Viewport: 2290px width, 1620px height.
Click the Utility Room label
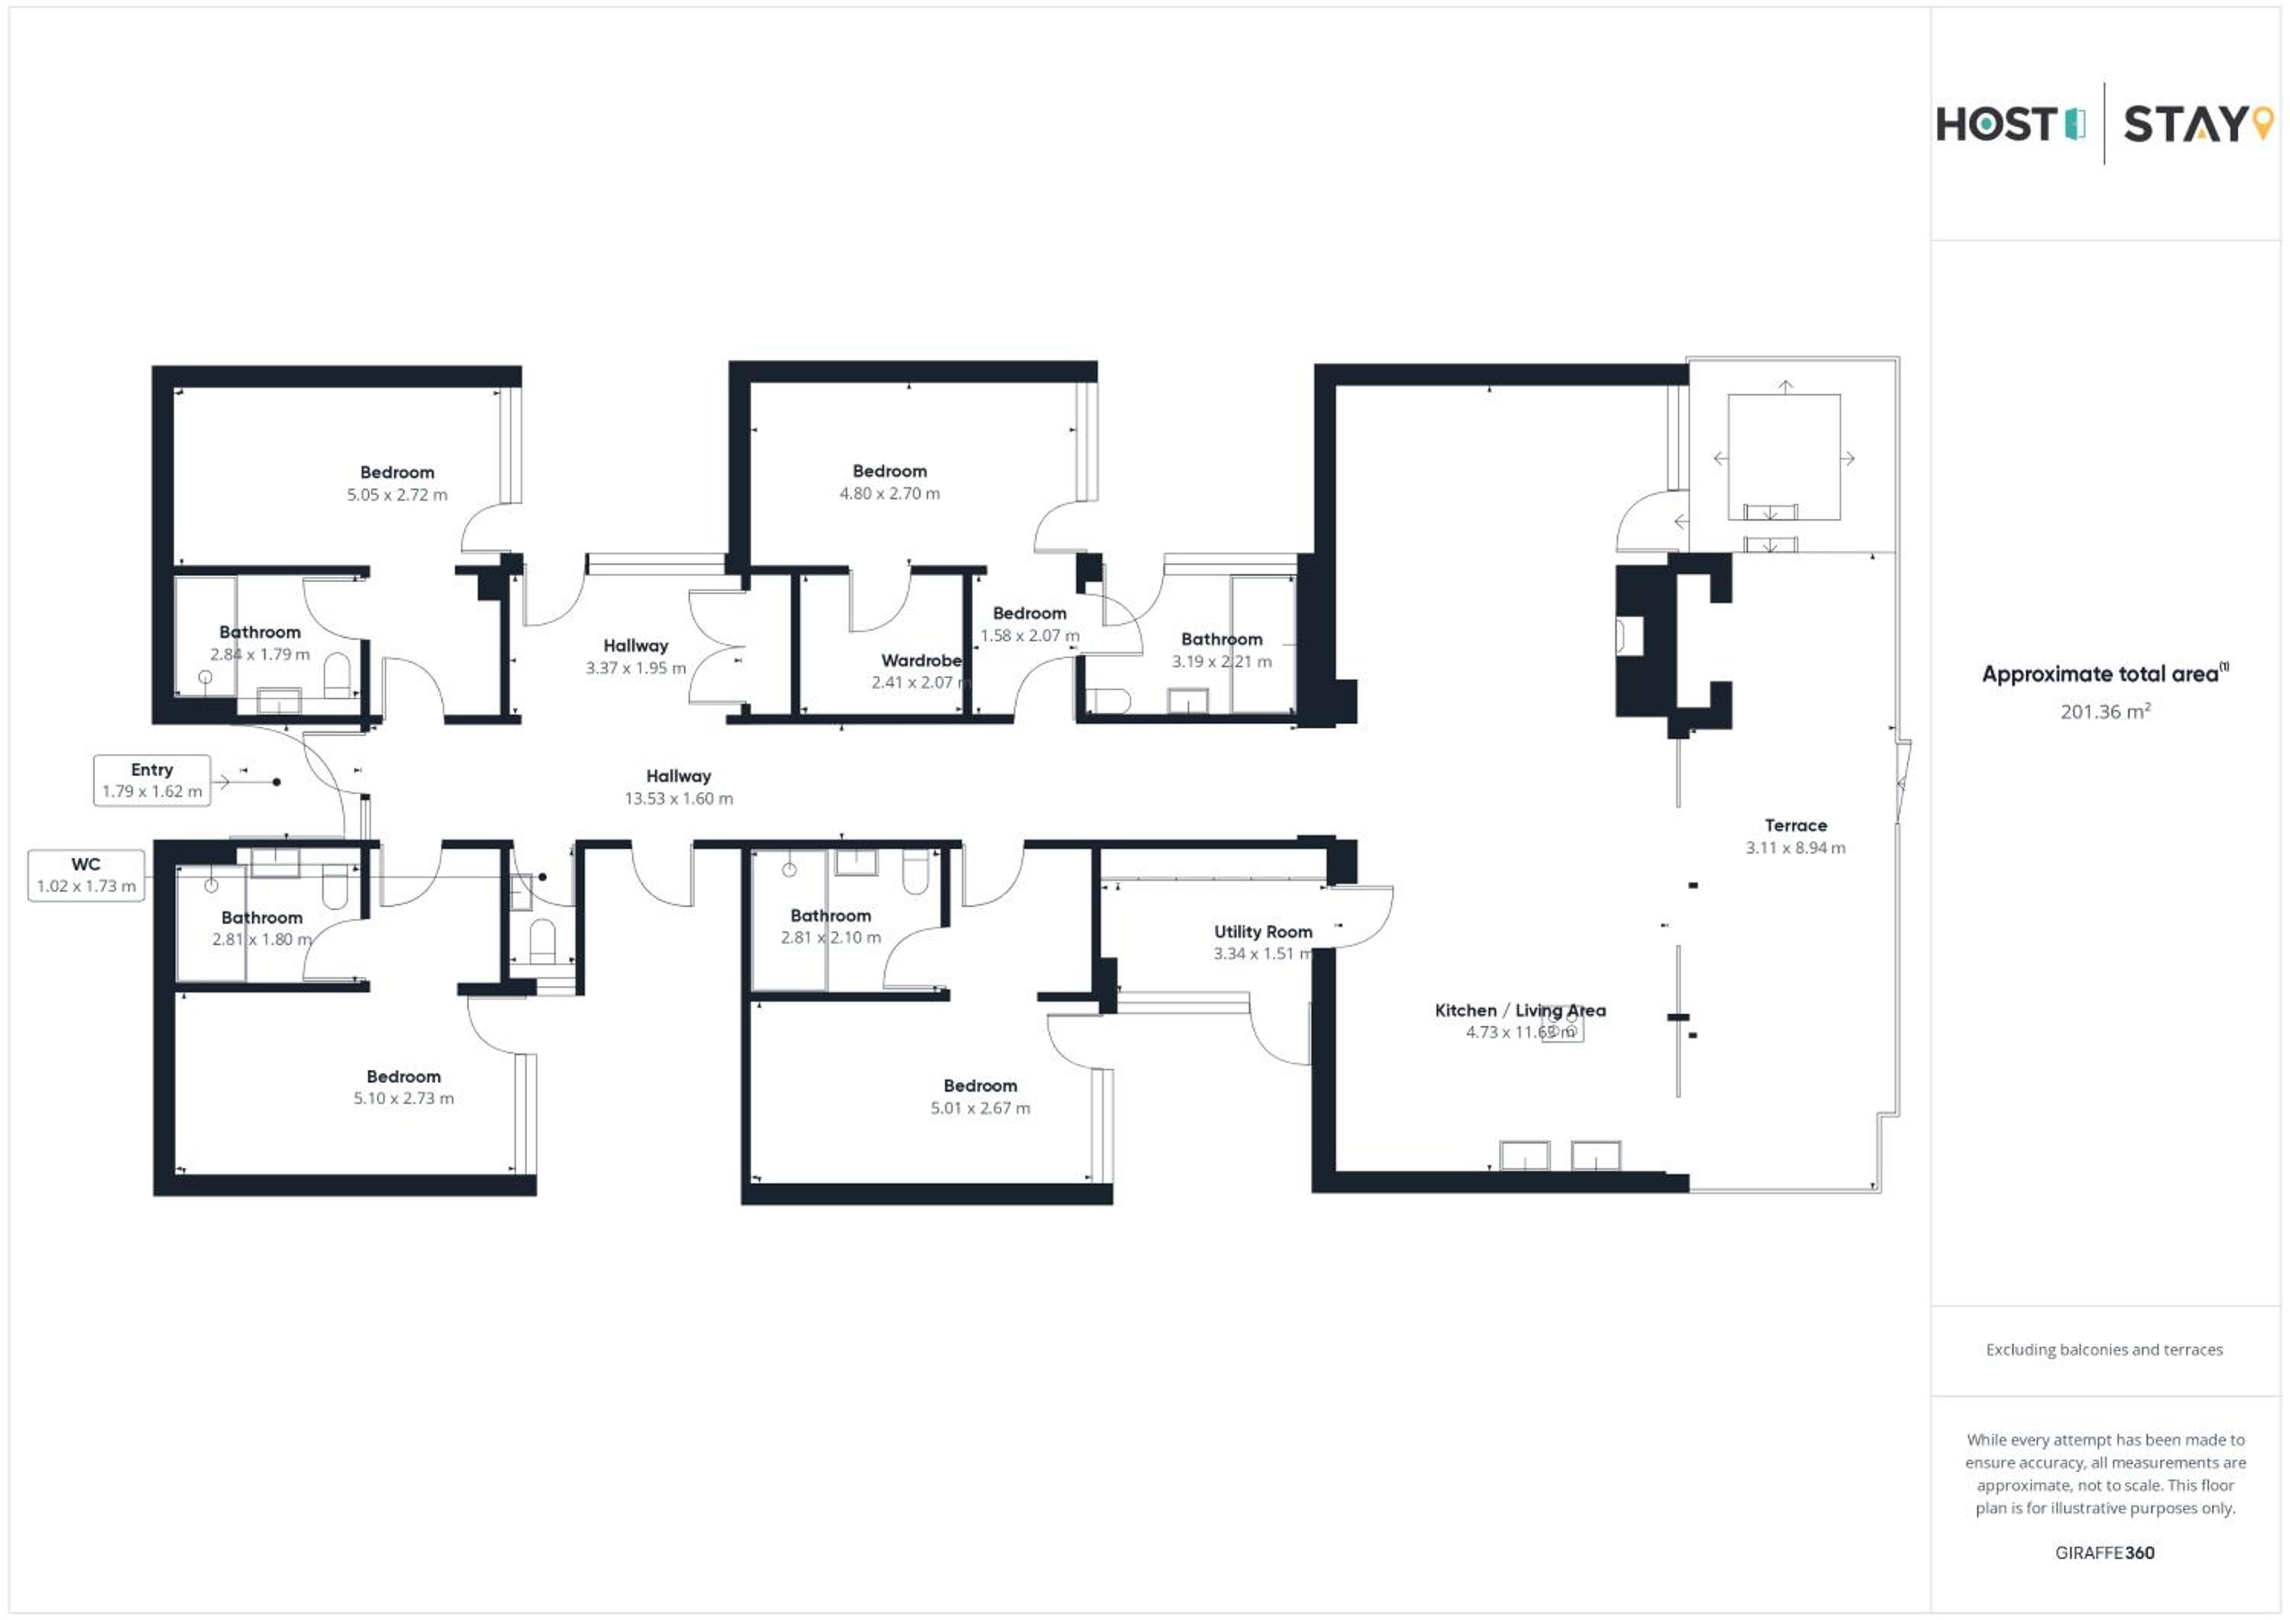pos(1263,931)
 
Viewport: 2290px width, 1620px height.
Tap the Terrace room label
pos(1795,826)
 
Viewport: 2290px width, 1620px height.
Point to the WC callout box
pos(85,875)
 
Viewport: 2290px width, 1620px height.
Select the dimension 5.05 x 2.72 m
pos(397,495)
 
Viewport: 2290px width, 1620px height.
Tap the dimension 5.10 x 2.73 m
pos(403,1099)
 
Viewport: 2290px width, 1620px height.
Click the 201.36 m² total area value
pos(2105,712)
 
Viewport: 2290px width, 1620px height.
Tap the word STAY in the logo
pos(2184,124)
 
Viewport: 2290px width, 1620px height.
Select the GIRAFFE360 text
pos(2105,1553)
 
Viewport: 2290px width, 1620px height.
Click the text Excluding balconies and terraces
pos(2105,1350)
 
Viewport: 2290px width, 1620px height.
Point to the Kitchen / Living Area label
pos(1520,1011)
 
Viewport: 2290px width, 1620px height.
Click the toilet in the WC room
pos(541,941)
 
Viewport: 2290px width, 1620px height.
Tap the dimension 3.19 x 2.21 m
pos(1222,661)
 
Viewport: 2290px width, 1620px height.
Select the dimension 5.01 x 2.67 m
pos(980,1109)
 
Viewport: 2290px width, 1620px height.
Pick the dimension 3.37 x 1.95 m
pos(635,668)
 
